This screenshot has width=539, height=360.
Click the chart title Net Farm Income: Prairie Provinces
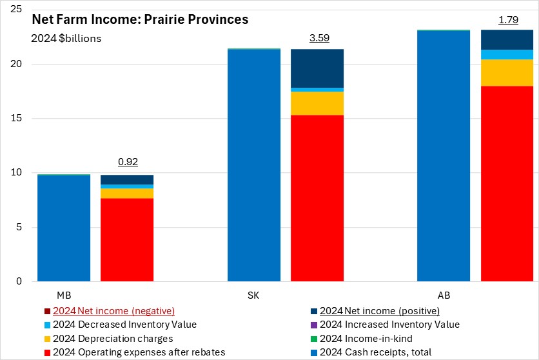[x=140, y=20]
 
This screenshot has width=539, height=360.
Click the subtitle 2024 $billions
[x=66, y=38]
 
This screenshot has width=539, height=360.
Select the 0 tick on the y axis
[x=19, y=281]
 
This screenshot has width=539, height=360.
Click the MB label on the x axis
[x=64, y=295]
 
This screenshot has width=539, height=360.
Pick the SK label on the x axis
[x=254, y=295]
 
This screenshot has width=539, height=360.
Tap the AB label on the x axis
[x=444, y=295]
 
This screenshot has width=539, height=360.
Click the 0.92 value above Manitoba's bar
[x=127, y=162]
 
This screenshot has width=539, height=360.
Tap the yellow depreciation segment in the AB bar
[x=507, y=72]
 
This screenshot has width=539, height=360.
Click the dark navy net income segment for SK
[x=317, y=68]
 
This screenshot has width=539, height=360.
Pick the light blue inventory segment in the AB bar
[x=507, y=54]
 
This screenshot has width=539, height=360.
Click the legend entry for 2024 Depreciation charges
[x=112, y=338]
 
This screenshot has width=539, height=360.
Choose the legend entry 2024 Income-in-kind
[x=366, y=338]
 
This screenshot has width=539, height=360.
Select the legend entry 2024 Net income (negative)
[x=113, y=310]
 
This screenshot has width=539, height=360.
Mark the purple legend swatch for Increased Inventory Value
[x=313, y=325]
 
